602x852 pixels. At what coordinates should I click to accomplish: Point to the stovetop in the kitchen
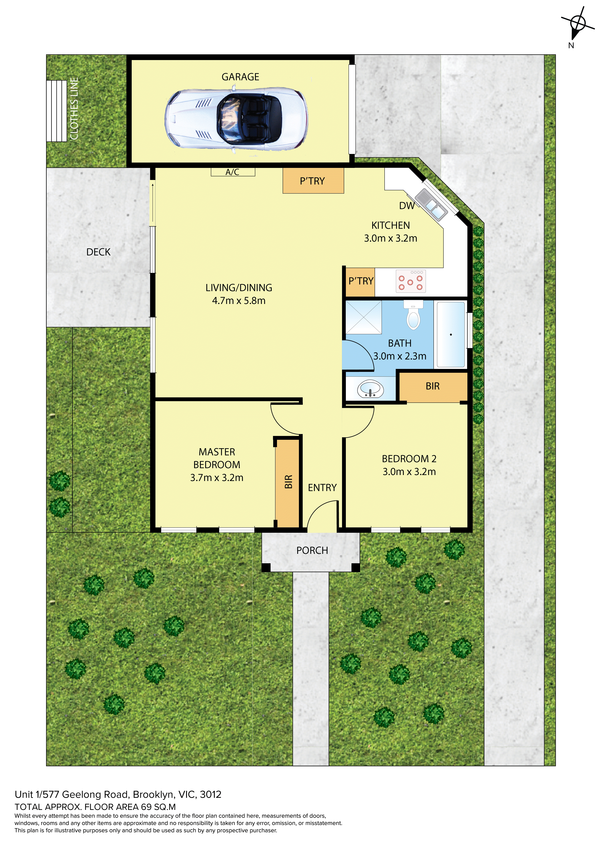pos(411,281)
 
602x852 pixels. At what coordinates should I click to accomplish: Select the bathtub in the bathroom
pos(451,334)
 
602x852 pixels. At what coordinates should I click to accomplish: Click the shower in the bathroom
pos(363,317)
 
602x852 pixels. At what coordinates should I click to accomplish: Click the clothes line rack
pos(56,111)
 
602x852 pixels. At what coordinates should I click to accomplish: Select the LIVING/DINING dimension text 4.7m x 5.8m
pos(239,301)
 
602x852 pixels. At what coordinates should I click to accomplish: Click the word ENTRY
pos(322,488)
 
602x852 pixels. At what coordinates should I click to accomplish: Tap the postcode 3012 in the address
pos(211,794)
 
